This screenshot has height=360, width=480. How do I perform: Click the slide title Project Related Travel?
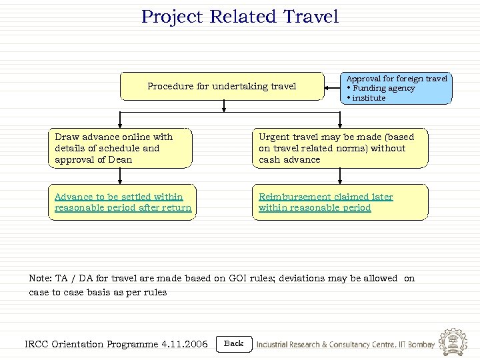239,17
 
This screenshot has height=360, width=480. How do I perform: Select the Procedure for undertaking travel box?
221,86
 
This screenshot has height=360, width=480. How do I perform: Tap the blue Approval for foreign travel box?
396,88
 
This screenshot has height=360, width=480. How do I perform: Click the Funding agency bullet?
383,88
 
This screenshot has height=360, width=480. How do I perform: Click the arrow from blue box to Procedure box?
331,87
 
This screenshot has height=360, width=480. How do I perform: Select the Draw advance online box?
120,148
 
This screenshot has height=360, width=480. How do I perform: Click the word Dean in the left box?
119,160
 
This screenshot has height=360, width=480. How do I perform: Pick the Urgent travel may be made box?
340,148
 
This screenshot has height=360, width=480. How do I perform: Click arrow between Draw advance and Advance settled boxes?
120,175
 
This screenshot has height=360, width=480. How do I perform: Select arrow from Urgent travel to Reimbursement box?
340,175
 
